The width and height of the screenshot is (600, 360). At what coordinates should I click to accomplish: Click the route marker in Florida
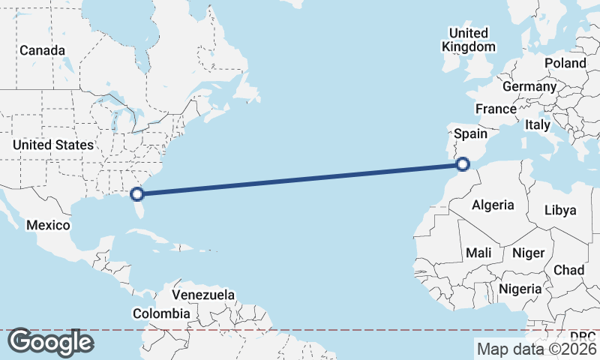[137, 194]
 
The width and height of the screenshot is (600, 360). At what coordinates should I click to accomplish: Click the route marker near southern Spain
[463, 163]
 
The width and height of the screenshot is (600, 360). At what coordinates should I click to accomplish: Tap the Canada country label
[43, 50]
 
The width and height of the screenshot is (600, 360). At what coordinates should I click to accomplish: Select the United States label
[53, 145]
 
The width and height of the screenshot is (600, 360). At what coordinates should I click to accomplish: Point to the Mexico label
[48, 225]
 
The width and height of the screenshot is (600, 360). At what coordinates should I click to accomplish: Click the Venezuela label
[203, 295]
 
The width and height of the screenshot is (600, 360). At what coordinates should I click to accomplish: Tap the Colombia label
[161, 313]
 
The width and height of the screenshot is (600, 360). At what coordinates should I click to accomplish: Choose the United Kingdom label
[469, 40]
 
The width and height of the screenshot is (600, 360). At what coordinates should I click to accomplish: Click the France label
[496, 109]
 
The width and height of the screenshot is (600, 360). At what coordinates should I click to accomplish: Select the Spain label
[472, 134]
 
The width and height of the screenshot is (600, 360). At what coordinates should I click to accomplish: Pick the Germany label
[529, 87]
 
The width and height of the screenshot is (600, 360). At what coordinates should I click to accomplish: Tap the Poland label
[565, 63]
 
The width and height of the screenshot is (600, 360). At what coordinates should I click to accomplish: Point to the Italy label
[538, 124]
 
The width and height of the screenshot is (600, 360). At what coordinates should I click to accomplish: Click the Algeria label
[493, 205]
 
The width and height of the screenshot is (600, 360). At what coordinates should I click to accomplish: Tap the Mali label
[478, 253]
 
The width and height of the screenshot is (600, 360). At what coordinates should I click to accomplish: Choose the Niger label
[528, 253]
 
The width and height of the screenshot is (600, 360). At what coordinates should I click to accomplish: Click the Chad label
[568, 270]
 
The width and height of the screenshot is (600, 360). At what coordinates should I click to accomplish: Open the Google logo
[50, 342]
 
